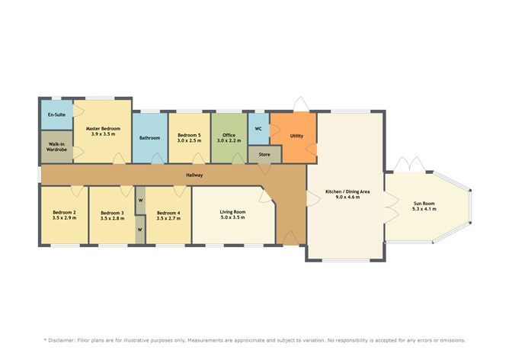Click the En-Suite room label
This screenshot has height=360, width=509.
coord(56,114)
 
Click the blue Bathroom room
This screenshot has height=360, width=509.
coord(149,138)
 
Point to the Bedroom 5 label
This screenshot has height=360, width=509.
coord(188,137)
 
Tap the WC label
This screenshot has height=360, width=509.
coord(258,129)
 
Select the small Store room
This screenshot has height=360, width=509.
coord(264,155)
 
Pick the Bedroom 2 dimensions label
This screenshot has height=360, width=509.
coord(64,218)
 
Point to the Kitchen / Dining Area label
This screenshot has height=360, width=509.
coord(347,194)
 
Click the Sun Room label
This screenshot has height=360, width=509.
coord(424,206)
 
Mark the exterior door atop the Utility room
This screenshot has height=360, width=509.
coord(300,104)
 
